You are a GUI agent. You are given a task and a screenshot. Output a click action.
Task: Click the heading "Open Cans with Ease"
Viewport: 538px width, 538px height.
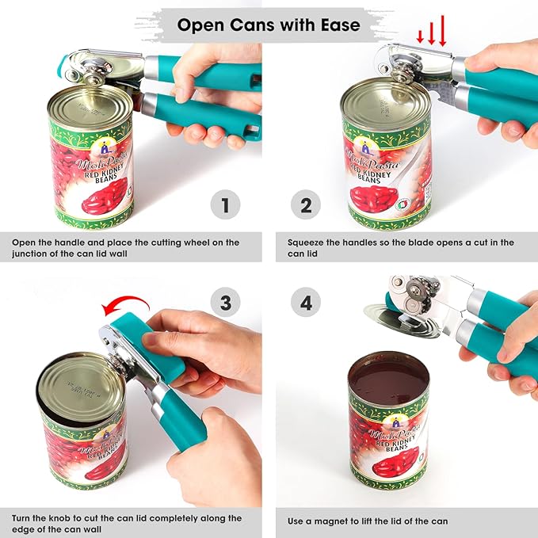tap(269, 25)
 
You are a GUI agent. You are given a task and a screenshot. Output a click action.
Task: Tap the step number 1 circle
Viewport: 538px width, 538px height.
tap(225, 207)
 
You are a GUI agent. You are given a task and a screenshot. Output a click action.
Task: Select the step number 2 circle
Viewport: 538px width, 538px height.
tap(306, 207)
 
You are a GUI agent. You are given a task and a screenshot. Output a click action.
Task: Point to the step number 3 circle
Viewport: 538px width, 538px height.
tap(225, 302)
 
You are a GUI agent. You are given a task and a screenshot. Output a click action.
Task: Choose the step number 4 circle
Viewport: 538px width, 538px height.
tap(306, 302)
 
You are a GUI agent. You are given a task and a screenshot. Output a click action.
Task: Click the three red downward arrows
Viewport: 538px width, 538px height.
tap(431, 33)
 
